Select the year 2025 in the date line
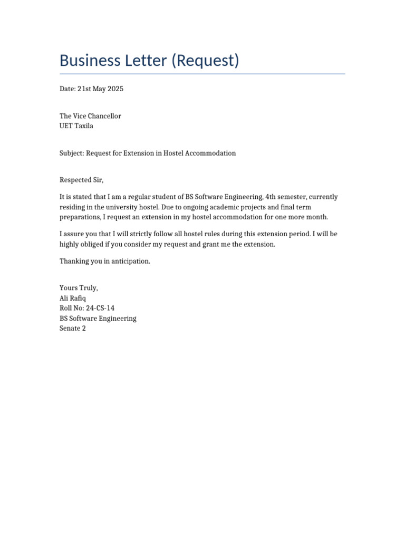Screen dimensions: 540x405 [x=115, y=89]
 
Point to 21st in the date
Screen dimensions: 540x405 [x=84, y=89]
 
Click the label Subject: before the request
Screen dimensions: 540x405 [x=72, y=153]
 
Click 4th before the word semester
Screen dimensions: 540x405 [x=264, y=197]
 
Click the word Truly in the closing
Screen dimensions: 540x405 [x=88, y=288]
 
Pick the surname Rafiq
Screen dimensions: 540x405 [x=78, y=298]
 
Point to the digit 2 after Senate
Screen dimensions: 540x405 [x=83, y=328]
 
